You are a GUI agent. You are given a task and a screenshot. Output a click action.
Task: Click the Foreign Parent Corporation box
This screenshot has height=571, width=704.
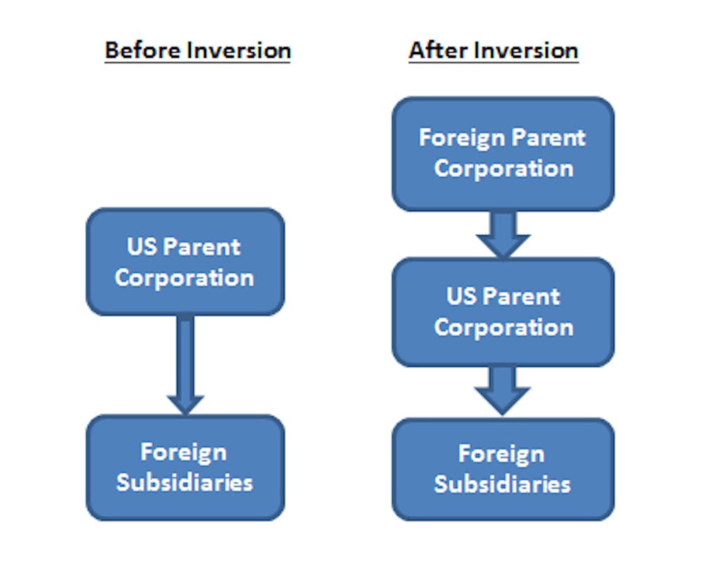(503, 153)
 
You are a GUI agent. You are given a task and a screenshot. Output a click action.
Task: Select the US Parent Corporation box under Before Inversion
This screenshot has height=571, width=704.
(185, 262)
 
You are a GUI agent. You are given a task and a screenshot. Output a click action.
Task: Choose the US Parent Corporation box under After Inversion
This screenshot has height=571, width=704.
(503, 312)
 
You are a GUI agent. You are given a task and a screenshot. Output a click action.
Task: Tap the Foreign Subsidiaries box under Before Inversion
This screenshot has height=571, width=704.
(185, 467)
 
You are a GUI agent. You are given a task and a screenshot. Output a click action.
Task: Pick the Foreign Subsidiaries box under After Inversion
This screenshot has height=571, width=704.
(503, 469)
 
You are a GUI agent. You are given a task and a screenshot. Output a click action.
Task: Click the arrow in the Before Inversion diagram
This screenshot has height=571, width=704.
(185, 366)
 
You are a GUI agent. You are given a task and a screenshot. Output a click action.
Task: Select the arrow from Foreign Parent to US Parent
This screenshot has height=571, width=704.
(503, 234)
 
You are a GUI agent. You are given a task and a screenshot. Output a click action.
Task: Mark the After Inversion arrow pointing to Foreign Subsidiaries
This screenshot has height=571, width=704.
(503, 390)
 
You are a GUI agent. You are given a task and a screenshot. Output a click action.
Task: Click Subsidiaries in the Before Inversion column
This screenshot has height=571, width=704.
(185, 482)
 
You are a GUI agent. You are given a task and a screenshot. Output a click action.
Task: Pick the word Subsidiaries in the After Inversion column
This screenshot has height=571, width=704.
(503, 484)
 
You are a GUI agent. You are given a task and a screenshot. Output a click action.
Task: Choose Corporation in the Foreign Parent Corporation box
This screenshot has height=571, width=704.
(503, 169)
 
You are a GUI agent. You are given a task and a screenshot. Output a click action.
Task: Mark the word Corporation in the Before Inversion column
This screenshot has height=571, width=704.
(185, 277)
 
